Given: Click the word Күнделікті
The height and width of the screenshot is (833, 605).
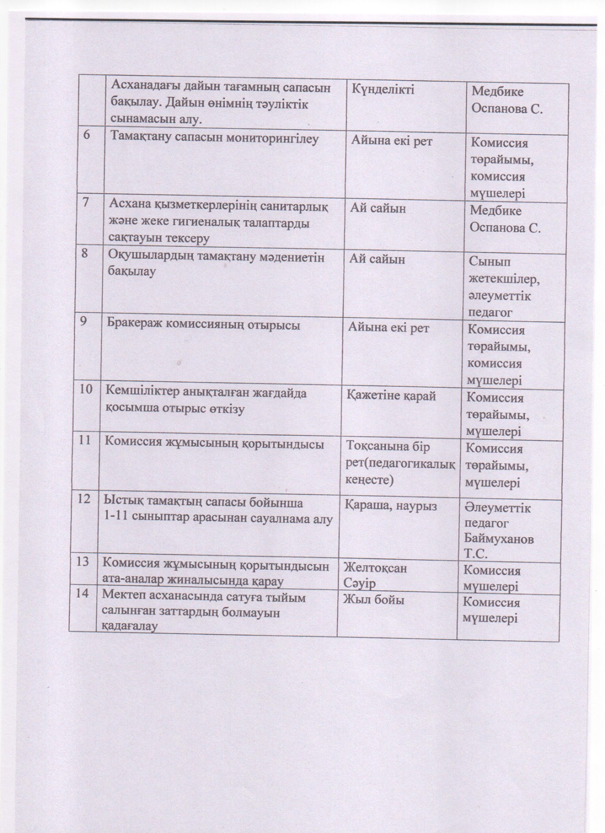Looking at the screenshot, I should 383,90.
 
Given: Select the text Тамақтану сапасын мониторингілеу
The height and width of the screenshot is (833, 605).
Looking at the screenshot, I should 214,139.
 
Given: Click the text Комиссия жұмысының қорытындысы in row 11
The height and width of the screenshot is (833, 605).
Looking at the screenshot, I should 215,444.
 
